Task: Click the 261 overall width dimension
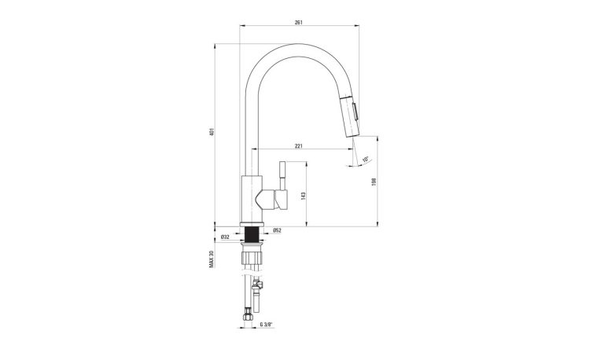[299, 23]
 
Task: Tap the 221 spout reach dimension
[300, 146]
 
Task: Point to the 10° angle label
[366, 160]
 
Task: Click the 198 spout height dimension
[374, 182]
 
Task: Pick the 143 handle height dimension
[304, 194]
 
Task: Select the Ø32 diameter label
[225, 237]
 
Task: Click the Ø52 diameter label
[277, 230]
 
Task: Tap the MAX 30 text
[212, 259]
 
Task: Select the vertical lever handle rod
[282, 178]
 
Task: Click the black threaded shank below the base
[252, 235]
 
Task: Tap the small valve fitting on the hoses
[257, 287]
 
